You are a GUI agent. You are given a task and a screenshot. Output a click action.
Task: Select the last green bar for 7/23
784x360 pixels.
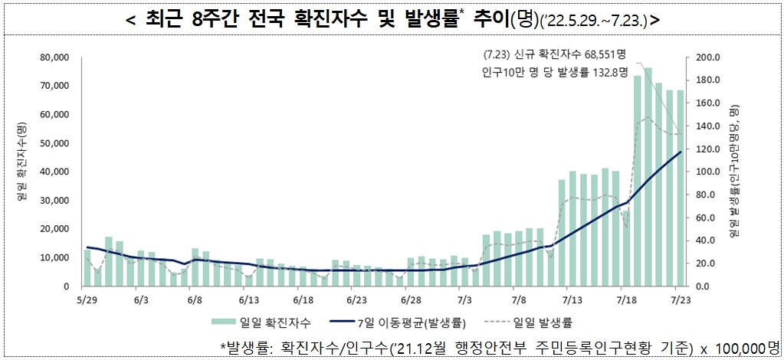680,188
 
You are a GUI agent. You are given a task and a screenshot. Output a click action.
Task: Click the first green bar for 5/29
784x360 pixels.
87,267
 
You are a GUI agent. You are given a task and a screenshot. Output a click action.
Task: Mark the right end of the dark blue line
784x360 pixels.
681,152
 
